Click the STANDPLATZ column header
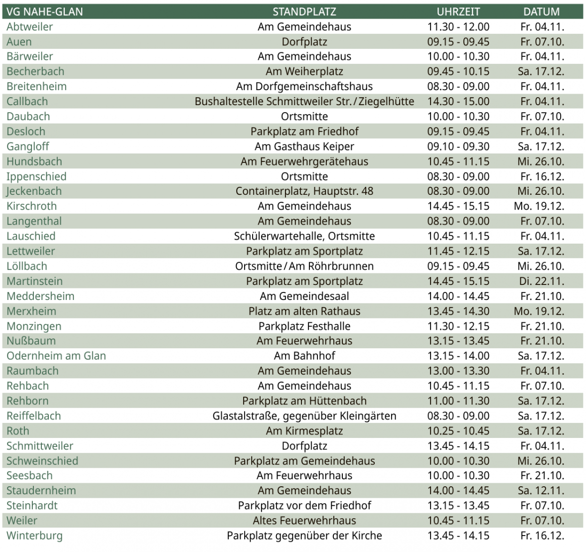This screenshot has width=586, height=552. click(304, 11)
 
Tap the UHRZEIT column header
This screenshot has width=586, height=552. click(458, 11)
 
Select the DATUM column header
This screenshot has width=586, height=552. click(541, 11)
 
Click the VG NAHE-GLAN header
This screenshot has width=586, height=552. click(45, 11)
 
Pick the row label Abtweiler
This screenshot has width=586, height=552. click(29, 27)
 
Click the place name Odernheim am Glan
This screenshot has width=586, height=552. click(56, 356)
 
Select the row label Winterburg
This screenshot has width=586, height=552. click(34, 536)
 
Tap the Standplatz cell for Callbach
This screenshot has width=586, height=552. click(304, 102)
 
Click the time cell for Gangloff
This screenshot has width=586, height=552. click(458, 146)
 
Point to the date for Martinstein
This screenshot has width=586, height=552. click(541, 281)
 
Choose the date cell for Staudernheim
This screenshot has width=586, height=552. click(541, 491)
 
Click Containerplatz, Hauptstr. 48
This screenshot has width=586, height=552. click(304, 191)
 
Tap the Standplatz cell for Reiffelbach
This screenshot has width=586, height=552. click(304, 416)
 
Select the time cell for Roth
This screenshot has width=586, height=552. click(458, 431)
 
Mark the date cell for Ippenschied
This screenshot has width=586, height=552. click(541, 176)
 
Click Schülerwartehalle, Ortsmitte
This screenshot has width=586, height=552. click(304, 236)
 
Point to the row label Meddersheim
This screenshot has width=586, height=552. click(40, 296)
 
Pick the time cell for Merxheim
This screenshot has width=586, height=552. click(458, 311)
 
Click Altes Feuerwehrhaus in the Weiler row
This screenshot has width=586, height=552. click(304, 521)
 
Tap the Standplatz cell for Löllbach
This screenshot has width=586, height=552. click(304, 266)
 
